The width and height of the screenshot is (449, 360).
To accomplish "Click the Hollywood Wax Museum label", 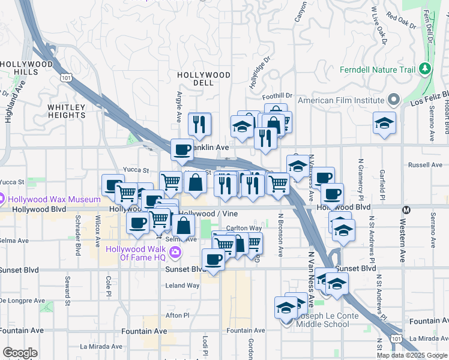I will coord(54,199).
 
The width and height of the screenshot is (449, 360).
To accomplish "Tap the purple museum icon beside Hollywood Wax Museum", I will coord(2,199).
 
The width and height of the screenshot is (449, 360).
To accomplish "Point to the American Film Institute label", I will coord(340,100).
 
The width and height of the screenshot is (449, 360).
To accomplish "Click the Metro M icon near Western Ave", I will coord(406,210).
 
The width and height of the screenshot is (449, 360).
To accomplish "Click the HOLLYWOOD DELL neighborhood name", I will coord(195,79).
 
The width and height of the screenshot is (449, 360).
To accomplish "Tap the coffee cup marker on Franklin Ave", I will coord(182,149).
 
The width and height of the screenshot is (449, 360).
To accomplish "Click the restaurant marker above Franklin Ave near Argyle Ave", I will coord(199,124).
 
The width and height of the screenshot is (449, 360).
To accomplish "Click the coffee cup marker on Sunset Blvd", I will coord(213,259).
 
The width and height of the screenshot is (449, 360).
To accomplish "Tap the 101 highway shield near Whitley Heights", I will coord(66,77).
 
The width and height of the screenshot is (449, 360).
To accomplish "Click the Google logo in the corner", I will coord(20,353).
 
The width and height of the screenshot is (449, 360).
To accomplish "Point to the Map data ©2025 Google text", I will coord(411,355).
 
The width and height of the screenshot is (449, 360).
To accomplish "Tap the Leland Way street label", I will coord(182,286).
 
